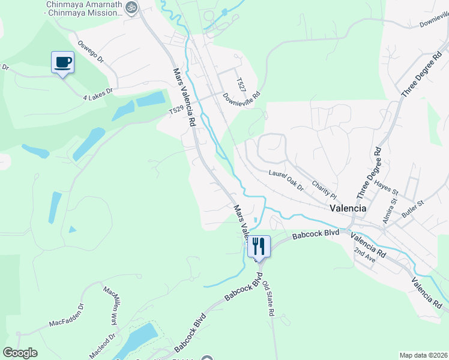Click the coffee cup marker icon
coord(63,62)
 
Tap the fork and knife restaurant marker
coord(259,245)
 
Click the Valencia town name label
coord(348,208)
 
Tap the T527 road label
coord(240,85)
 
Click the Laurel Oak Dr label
coord(286,179)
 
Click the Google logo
coord(20,353)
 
